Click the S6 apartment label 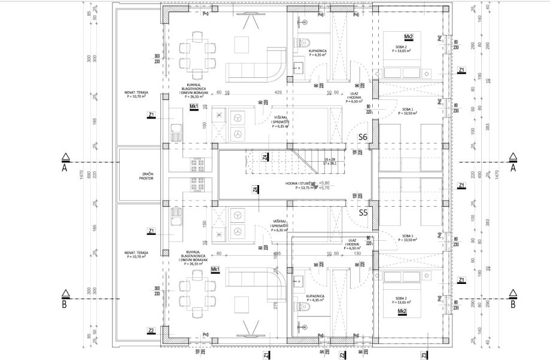pos(363,137)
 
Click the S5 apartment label pos(363,212)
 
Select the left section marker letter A pos(66,168)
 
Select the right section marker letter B pos(513,304)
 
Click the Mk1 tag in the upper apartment pos(194,107)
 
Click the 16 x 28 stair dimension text pos(330,158)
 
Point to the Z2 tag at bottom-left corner pos(151,330)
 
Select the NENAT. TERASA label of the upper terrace pos(137,94)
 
